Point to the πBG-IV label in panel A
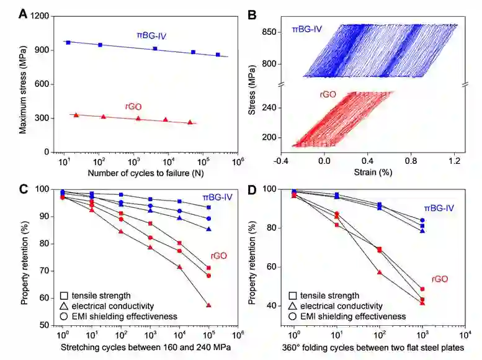151,35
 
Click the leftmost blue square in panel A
68,42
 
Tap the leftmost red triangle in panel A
76,115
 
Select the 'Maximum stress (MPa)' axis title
23,84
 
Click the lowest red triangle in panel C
208,305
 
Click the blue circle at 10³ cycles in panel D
422,220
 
